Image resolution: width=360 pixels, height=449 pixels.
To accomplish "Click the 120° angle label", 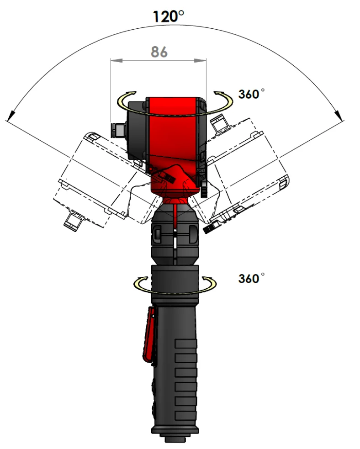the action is coord(169,16).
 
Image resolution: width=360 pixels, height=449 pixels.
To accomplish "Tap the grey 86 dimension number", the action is coord(159,52).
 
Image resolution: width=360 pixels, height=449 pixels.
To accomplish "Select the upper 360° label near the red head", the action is coord(251,94).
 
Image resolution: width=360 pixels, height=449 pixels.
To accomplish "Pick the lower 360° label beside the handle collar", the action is coord(251,278).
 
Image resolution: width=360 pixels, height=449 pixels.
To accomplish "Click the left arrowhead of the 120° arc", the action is coord(11,115).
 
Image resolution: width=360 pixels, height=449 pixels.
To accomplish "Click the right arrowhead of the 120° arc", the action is coord(339,115).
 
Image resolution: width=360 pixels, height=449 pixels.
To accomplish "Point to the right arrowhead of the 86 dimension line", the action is coord(200,60).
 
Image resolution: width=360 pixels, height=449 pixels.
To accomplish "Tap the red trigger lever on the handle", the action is coord(149,335).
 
